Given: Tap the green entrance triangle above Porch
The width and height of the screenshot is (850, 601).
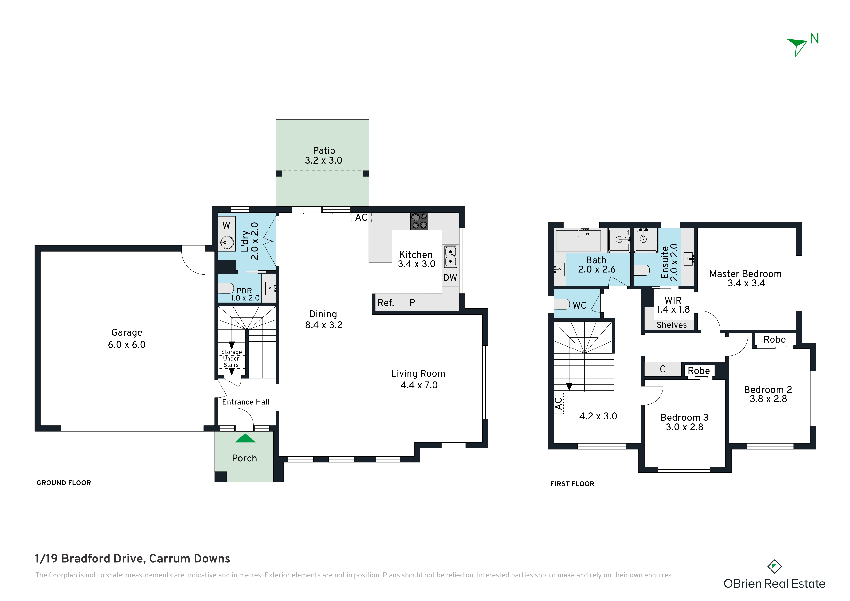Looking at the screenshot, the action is tap(245, 438).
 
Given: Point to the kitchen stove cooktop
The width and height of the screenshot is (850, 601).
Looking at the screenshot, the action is tap(419, 221).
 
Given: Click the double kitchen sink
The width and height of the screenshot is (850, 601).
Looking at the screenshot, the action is tap(450, 257).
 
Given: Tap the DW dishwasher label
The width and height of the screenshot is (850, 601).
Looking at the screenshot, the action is tap(450, 278).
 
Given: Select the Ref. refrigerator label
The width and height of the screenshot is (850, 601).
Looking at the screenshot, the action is tap(386, 303).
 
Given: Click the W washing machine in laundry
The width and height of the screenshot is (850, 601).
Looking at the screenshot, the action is tap(227, 225).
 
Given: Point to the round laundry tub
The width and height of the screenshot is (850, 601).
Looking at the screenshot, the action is tap(227, 243).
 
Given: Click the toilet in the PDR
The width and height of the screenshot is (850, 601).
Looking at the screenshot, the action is tap(225, 288).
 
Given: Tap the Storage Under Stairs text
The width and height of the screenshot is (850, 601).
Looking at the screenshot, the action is tap(231, 358).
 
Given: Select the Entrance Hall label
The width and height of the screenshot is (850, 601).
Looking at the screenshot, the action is tap(245, 402).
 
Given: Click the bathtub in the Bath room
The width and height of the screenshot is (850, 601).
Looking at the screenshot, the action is tap(578, 241).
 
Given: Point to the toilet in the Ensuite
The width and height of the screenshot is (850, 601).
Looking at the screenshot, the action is tap(642, 270).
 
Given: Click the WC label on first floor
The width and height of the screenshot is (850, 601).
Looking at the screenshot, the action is tap(579, 306).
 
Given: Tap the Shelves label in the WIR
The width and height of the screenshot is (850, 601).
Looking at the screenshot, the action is tap(672, 325).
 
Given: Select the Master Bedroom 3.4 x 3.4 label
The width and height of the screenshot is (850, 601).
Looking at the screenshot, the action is tap(746, 278).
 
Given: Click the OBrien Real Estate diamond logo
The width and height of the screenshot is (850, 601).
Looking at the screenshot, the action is tap(774, 567).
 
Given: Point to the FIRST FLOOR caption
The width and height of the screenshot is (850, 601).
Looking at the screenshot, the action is tap(572, 484).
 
